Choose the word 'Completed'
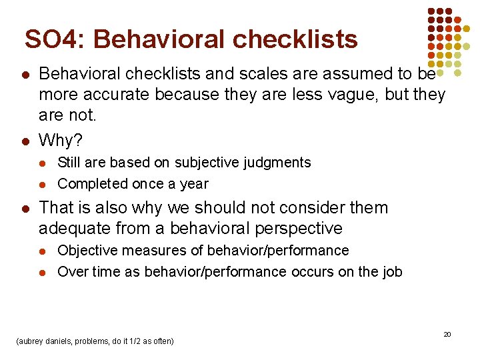(x=88, y=184)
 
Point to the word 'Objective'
(x=86, y=251)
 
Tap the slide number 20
(x=447, y=334)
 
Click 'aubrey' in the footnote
(x=29, y=341)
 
